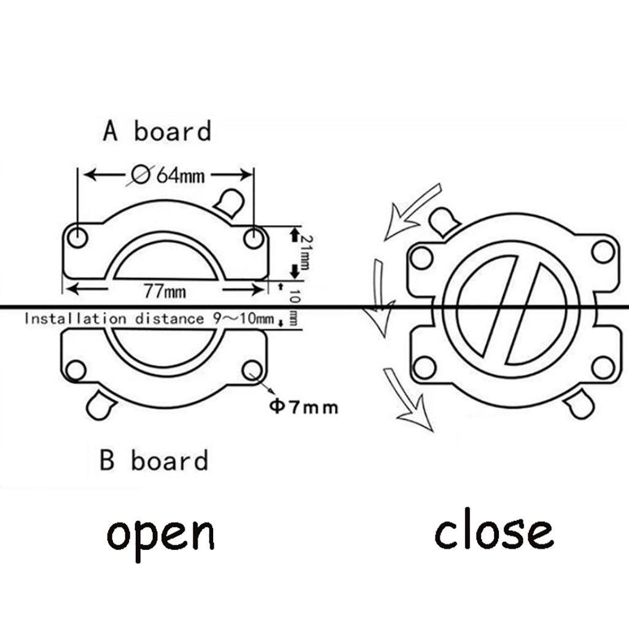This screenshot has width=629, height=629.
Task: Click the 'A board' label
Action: [157, 131]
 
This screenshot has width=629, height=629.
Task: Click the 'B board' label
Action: [154, 460]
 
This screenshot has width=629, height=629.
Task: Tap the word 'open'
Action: [160, 536]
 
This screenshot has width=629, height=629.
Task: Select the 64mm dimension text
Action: [181, 176]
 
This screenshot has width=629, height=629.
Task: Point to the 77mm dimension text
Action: [165, 291]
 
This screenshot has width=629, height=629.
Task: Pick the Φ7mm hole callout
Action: [303, 407]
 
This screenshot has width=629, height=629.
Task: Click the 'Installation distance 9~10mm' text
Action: [149, 319]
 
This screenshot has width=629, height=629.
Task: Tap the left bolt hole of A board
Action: [77, 238]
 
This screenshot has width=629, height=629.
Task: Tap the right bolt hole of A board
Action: [254, 238]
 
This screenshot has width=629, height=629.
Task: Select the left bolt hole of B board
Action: [76, 370]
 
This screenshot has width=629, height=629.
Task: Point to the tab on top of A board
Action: [229, 202]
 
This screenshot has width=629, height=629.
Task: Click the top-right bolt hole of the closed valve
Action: [603, 251]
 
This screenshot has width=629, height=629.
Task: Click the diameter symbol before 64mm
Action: [140, 175]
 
